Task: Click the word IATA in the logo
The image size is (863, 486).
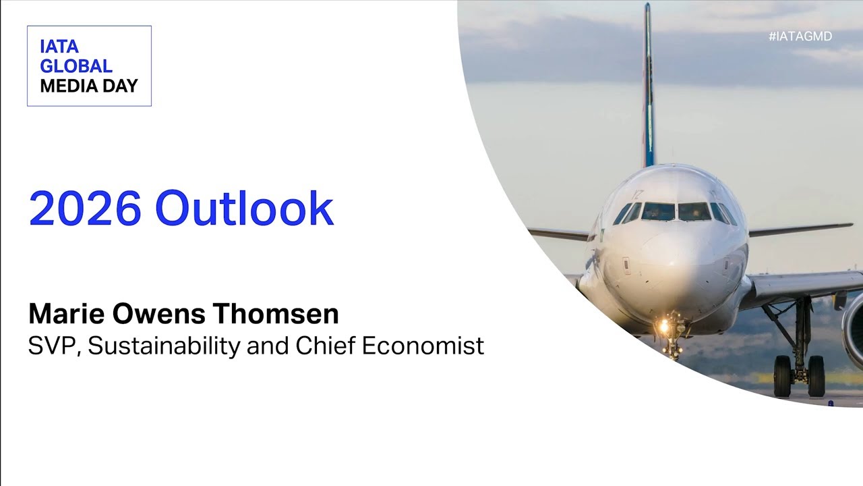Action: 59,47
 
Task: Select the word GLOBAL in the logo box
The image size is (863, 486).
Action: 76,66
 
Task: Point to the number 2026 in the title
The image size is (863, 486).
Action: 85,209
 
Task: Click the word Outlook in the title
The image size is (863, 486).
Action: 244,209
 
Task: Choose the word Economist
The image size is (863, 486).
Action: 423,346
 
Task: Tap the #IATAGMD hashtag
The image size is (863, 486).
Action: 800,36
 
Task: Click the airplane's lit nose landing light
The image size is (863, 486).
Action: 664,327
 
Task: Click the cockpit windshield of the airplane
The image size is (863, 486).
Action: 676,212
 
